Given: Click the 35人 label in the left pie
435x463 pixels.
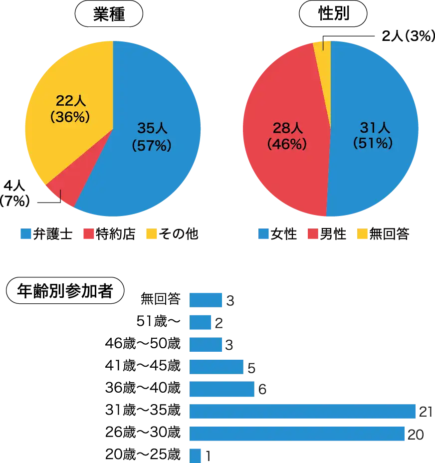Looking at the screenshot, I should coord(152,129).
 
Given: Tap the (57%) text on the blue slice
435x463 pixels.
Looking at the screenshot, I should coord(152,145).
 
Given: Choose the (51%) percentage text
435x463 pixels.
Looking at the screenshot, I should coord(373,144).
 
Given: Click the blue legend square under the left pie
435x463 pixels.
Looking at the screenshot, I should coord(26,233).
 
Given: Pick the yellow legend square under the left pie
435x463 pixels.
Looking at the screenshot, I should coord(151,233).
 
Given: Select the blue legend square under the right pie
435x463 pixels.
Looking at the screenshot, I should coord(262,233).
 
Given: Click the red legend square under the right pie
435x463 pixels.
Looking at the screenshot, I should coord(313,233).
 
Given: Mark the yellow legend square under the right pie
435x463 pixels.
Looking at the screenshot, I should coord(362,233).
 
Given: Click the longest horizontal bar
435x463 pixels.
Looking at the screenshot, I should coord(302,412).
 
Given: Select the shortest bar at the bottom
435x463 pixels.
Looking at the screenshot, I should coord(195,455).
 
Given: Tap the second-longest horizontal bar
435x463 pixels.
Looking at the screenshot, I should coord(297,434).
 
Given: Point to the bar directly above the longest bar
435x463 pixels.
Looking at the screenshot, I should coord(221,389).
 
